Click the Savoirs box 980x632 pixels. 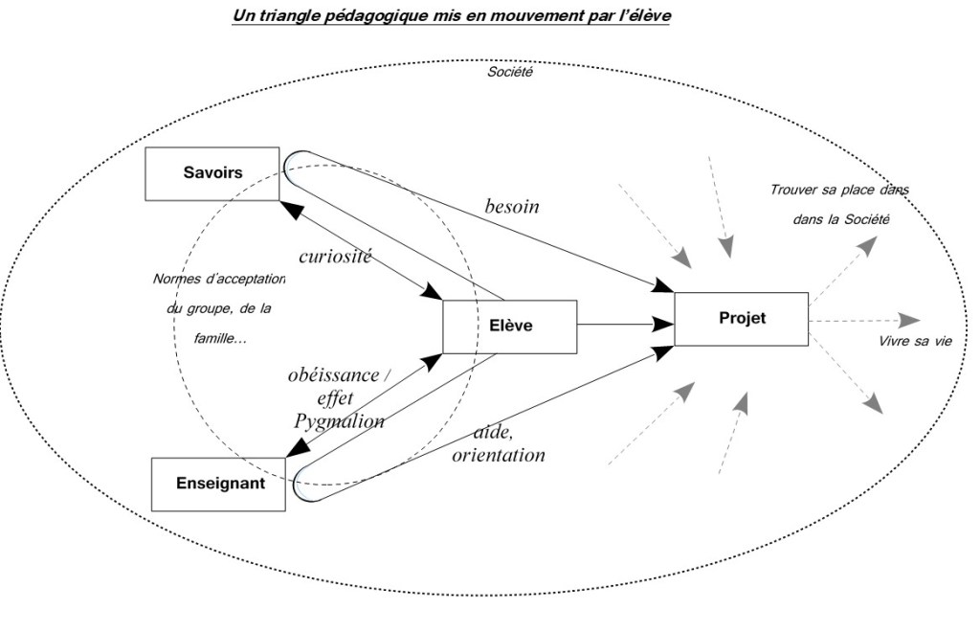coord(212,173)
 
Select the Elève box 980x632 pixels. coord(509,327)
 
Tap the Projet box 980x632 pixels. coord(742,319)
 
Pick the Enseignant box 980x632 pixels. coord(219,484)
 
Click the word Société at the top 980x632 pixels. coord(509,72)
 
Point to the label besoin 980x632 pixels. coord(512,207)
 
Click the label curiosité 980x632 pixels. coord(335,257)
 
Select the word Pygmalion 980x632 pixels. coord(339,420)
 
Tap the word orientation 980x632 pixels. coord(499,456)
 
